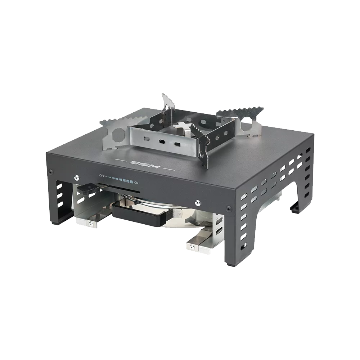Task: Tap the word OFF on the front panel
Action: (x=102, y=176)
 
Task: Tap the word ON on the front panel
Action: (x=136, y=183)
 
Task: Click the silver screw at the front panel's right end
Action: (x=197, y=203)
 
